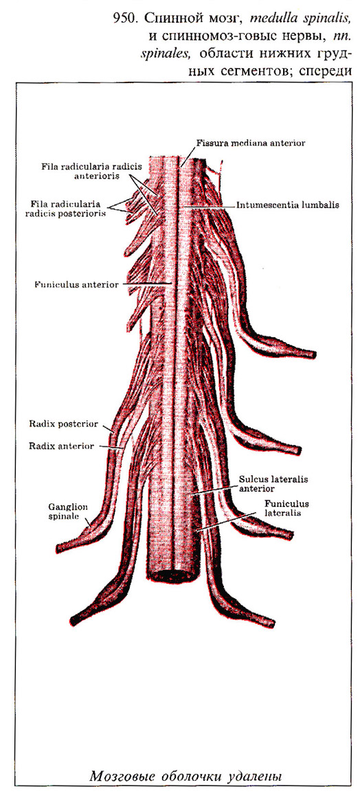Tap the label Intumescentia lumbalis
(x=288, y=205)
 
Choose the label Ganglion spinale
(x=69, y=511)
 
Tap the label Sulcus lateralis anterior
(x=269, y=483)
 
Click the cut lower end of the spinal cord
(x=172, y=574)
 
